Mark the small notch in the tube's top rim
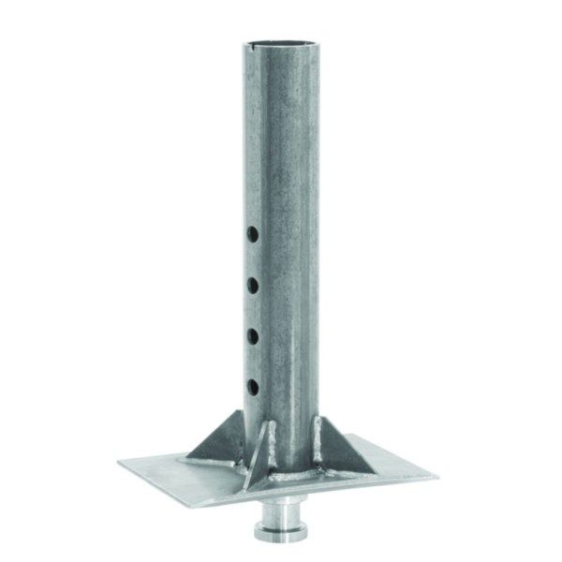point(260,43)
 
